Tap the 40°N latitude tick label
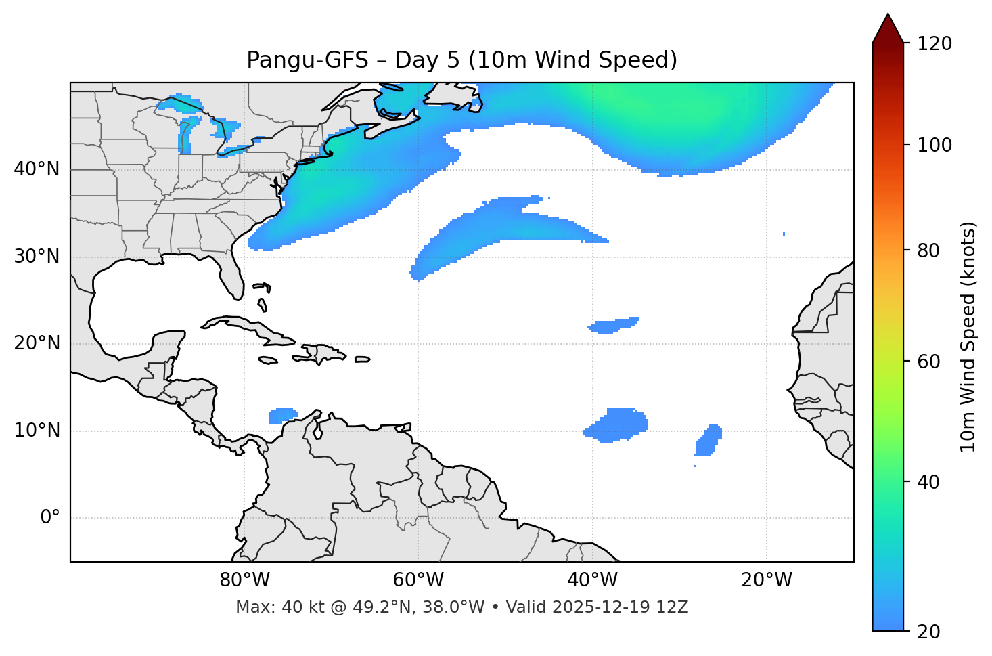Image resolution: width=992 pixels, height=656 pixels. pos(37,169)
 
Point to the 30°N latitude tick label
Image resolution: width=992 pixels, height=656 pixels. pos(37,257)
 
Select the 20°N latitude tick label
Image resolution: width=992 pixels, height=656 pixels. pos(37,343)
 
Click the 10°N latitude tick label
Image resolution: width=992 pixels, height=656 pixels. pos(37,431)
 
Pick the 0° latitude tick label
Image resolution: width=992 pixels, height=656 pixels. pos(50,518)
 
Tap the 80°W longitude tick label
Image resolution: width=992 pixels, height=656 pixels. pos(244,580)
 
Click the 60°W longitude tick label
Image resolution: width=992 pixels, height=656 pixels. pos(418,580)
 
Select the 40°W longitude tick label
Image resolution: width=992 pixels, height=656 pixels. pos(592,580)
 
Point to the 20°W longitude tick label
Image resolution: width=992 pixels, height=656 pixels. pos(766,580)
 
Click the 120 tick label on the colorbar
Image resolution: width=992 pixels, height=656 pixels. pos(934,44)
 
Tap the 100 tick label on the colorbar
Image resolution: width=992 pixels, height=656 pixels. pos(934,145)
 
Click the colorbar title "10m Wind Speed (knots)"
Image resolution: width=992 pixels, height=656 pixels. pos(968,336)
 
